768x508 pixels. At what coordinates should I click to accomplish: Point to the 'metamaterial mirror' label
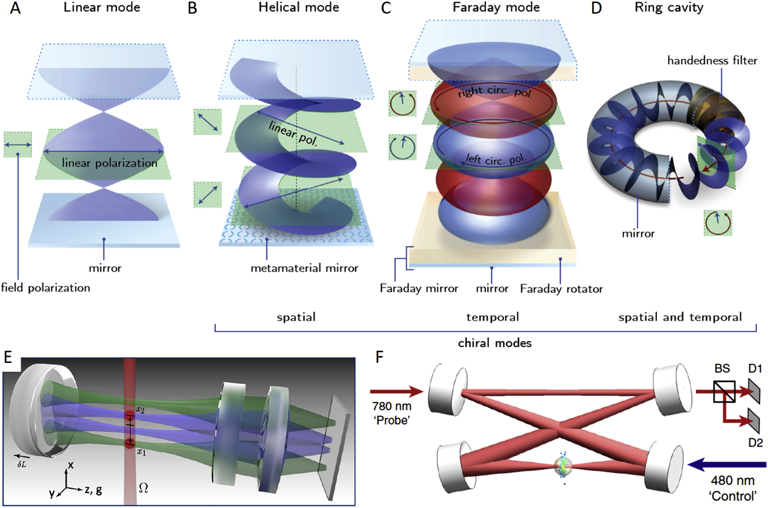[x=288, y=264]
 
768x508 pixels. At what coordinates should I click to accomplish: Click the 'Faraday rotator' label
[x=562, y=288]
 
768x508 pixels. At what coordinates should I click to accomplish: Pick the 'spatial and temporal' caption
[x=680, y=317]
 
